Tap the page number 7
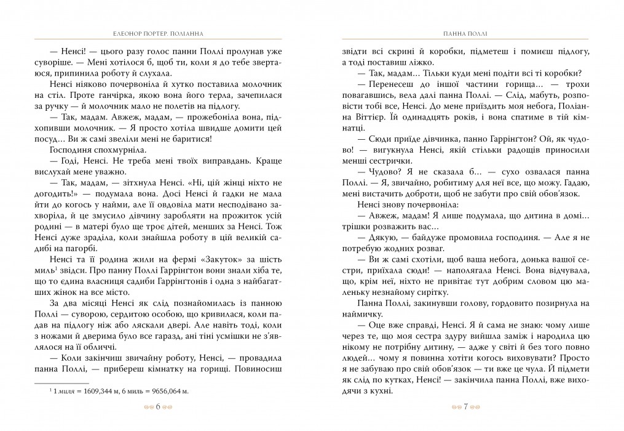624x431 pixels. click(466, 407)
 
